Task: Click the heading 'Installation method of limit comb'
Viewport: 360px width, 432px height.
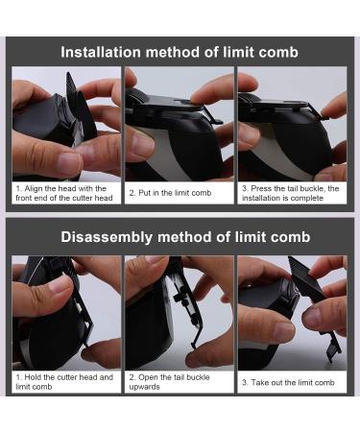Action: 180,52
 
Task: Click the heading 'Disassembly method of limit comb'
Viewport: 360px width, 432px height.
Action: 180,237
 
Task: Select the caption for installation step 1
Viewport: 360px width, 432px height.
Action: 65,193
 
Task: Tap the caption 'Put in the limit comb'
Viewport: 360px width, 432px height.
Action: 173,193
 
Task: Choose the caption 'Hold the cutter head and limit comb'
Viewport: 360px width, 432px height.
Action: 65,382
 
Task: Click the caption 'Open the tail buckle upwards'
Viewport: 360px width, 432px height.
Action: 173,382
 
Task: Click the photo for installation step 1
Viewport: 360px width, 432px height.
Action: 65,123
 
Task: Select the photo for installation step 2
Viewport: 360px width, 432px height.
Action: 180,123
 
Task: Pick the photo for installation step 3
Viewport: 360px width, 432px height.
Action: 293,123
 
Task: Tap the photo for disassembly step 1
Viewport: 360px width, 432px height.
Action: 65,312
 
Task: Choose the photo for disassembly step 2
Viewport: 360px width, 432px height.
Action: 180,312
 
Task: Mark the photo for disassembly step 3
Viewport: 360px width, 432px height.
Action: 293,312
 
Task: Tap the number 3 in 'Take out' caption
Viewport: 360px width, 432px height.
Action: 244,382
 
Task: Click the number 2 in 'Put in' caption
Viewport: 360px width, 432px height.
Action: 132,193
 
